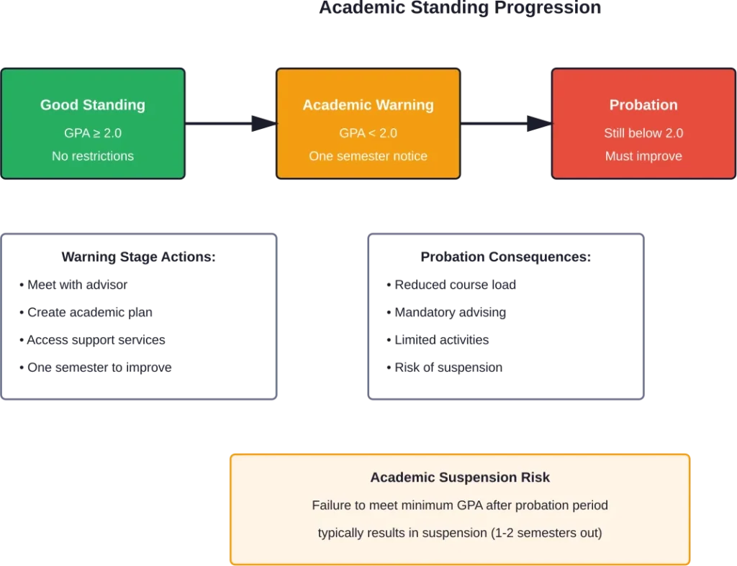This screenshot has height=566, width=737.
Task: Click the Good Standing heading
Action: click(92, 105)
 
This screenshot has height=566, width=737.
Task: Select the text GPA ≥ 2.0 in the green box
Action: click(92, 133)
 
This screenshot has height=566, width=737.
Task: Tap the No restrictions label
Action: click(92, 156)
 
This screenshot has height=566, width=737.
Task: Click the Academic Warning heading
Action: click(368, 105)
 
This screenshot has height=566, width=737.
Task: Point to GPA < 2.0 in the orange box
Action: click(368, 133)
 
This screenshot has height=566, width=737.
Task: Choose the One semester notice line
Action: click(368, 156)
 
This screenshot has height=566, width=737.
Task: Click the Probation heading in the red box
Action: click(643, 105)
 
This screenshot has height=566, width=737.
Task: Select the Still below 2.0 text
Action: click(643, 133)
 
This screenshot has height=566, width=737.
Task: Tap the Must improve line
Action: click(643, 156)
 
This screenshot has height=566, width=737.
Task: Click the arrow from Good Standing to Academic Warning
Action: click(230, 123)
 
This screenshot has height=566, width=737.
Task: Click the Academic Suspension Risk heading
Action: click(460, 477)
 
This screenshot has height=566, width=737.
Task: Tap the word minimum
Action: click(430, 506)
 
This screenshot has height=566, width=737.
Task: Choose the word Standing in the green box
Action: click(114, 105)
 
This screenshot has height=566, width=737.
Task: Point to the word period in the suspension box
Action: click(589, 506)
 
